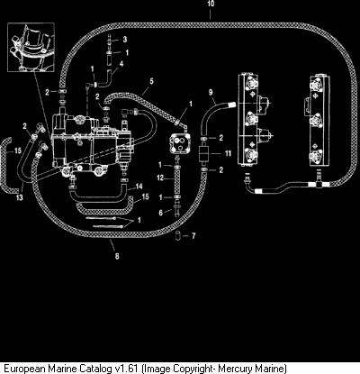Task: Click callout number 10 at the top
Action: [x=211, y=4]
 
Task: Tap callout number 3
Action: [x=125, y=40]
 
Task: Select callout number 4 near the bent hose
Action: [x=121, y=64]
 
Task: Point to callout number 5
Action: [x=151, y=81]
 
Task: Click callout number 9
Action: [x=211, y=92]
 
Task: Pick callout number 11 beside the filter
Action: [x=228, y=153]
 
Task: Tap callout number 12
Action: [x=160, y=178]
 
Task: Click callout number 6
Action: [x=161, y=213]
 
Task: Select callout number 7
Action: [x=193, y=236]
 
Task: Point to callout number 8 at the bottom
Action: [x=117, y=256]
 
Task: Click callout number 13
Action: [x=20, y=197]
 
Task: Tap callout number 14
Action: [x=139, y=187]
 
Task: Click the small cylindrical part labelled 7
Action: [x=178, y=235]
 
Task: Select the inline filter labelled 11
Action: [x=204, y=154]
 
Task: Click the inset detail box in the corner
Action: [x=31, y=47]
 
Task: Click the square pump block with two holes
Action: [x=179, y=143]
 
